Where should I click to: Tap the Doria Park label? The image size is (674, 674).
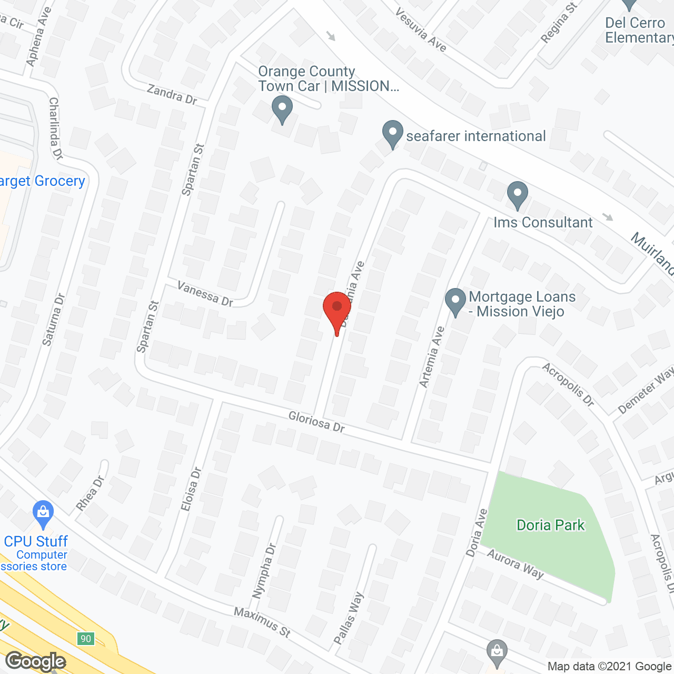click(x=550, y=525)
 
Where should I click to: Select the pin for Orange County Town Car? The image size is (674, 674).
click(x=282, y=108)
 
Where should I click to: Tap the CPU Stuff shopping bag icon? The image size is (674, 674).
click(x=43, y=513)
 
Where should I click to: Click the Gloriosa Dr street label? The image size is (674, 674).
click(x=316, y=422)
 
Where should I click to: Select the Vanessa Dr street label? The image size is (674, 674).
click(x=205, y=293)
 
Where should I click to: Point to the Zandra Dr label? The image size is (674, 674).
click(x=172, y=94)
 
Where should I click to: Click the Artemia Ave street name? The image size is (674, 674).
click(x=432, y=357)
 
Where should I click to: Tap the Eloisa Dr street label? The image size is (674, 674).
click(x=191, y=489)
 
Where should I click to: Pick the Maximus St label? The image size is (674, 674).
click(x=262, y=622)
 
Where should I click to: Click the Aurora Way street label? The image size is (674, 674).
click(x=514, y=563)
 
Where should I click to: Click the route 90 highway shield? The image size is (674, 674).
click(x=85, y=639)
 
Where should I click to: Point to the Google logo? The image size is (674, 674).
click(x=35, y=661)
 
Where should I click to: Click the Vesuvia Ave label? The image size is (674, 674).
click(x=421, y=30)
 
